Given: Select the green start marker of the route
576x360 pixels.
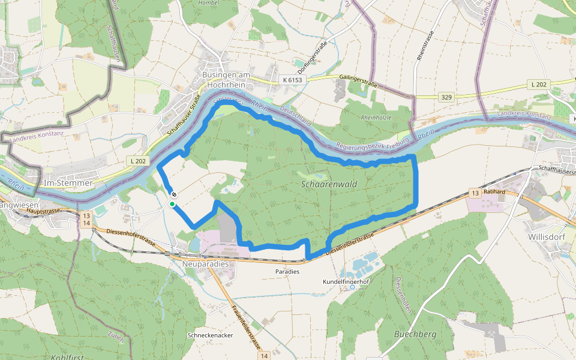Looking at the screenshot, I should click(172, 204).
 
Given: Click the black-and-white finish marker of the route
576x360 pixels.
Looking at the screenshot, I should click(174, 194).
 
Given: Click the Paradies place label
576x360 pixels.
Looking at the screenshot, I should click(287, 271).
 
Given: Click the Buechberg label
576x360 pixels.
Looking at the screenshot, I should click(415, 334).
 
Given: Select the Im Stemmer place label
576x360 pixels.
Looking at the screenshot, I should click(68, 182).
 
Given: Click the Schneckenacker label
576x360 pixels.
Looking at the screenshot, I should click(210, 335).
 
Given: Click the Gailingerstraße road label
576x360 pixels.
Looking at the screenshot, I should click(358, 82).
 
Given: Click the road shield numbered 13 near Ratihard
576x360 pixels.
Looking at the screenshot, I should click(475, 193).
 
